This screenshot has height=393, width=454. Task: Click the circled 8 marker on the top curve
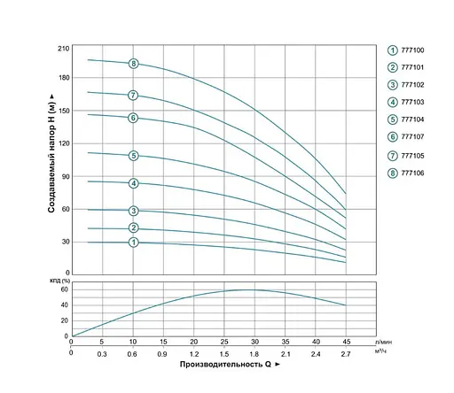(x=133, y=64)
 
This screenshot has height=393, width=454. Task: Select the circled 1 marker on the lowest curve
(x=133, y=243)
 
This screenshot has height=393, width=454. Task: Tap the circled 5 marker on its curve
(x=133, y=156)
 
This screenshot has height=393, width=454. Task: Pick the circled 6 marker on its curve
(x=133, y=118)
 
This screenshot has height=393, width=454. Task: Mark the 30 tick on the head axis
(x=65, y=242)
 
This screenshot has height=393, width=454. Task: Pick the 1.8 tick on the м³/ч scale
(x=254, y=352)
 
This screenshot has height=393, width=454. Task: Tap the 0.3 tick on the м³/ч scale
(x=101, y=352)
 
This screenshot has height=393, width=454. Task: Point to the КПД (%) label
(x=59, y=281)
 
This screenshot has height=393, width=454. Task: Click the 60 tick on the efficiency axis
(x=65, y=289)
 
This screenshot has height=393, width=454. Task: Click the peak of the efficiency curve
(x=251, y=289)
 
